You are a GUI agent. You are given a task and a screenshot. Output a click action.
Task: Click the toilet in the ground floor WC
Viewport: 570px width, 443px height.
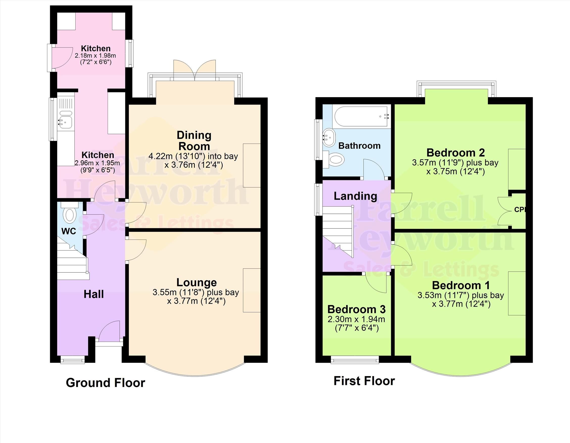click(x=70, y=215)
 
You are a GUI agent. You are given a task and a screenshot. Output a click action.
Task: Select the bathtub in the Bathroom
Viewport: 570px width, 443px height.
click(x=362, y=117)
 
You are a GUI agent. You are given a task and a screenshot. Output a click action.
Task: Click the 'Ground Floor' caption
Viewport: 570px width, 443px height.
click(x=105, y=383)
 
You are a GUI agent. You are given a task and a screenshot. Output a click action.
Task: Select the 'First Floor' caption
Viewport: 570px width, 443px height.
click(x=364, y=381)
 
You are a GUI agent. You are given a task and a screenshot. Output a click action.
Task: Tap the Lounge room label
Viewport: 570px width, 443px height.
click(x=197, y=282)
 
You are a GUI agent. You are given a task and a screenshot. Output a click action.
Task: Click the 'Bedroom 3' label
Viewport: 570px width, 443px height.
click(x=356, y=309)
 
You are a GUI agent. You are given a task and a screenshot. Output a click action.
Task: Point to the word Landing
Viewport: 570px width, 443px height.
click(x=355, y=196)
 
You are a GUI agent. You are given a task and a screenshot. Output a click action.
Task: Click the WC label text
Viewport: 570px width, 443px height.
click(x=69, y=231)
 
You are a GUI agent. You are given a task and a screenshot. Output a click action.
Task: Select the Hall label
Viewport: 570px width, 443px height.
click(x=94, y=294)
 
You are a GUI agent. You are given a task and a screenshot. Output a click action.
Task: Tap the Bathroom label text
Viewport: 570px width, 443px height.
click(x=359, y=146)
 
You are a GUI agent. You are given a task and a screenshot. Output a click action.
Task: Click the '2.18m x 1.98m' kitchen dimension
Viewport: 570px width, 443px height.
click(x=95, y=56)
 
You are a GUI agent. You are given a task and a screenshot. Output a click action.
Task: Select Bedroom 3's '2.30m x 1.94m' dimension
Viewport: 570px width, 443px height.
click(x=356, y=319)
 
